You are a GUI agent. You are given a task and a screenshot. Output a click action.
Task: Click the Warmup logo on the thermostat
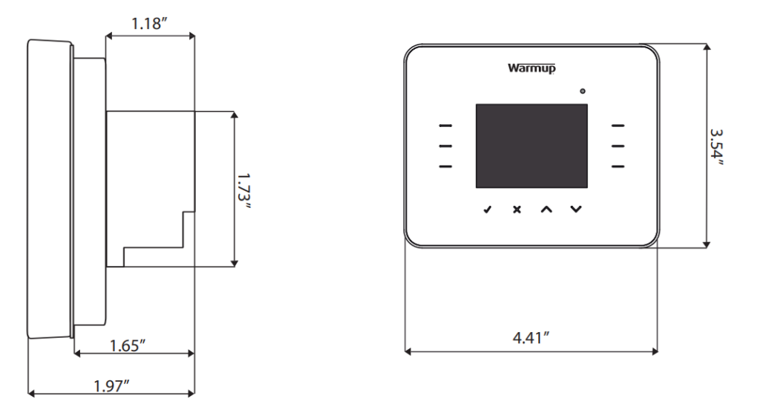coord(531,68)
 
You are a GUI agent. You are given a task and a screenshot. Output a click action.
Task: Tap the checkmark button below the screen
coord(487,209)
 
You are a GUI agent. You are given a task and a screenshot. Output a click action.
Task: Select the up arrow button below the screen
coord(546,209)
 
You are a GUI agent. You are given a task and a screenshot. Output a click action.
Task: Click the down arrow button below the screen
coord(577,209)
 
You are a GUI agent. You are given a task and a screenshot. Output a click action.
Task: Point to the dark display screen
coord(531,146)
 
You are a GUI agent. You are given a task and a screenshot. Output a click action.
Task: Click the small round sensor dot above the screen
coord(583,91)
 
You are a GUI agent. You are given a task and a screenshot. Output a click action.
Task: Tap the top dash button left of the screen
coord(445,126)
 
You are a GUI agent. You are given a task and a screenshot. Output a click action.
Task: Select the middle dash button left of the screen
coord(445,146)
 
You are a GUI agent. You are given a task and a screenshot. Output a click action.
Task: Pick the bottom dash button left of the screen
coord(445,166)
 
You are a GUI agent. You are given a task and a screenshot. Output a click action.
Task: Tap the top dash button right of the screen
coord(618,126)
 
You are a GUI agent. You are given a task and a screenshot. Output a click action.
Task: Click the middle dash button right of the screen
coord(618,146)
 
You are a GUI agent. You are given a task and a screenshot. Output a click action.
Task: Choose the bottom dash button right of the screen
coord(618,166)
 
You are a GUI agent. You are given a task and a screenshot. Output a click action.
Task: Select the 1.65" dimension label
coord(127,345)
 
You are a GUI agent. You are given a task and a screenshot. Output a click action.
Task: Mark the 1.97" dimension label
coord(111,385)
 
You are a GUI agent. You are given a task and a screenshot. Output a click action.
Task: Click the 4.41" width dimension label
coord(531,338)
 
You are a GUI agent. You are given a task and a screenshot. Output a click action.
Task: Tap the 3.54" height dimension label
coord(716,147)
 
